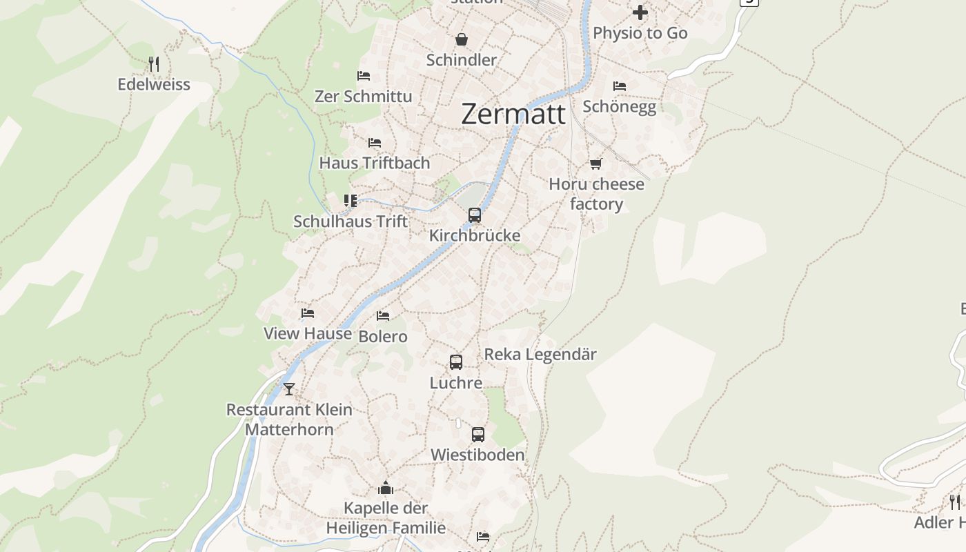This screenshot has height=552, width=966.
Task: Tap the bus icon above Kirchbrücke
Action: tap(475, 215)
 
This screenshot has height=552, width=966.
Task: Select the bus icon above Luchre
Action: tap(456, 362)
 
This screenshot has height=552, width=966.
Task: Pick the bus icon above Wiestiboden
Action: tap(478, 434)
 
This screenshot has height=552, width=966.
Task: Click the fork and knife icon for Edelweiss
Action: tap(154, 64)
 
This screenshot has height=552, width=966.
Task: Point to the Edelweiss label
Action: tap(154, 84)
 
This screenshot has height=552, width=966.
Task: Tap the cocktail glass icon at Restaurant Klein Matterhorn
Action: tap(289, 389)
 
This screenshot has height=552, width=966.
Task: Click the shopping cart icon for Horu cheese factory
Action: tap(596, 164)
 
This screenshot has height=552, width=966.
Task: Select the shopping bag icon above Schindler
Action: tap(462, 39)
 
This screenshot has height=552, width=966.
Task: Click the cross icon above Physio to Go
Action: tap(640, 12)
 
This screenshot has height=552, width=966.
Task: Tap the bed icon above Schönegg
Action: tap(620, 86)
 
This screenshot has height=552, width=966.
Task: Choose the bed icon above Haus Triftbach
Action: tap(375, 143)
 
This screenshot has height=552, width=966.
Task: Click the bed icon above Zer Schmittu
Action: tap(364, 76)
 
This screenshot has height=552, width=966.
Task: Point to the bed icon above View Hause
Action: tap(308, 313)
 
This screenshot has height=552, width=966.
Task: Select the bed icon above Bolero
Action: tap(383, 316)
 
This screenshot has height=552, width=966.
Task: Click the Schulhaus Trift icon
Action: tap(351, 201)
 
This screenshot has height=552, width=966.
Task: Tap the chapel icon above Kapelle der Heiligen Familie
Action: tap(386, 488)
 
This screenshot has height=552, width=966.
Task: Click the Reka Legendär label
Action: tap(540, 354)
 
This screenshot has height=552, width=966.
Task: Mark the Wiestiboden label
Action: tap(477, 455)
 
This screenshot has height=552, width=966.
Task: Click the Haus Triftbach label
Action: tap(375, 163)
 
